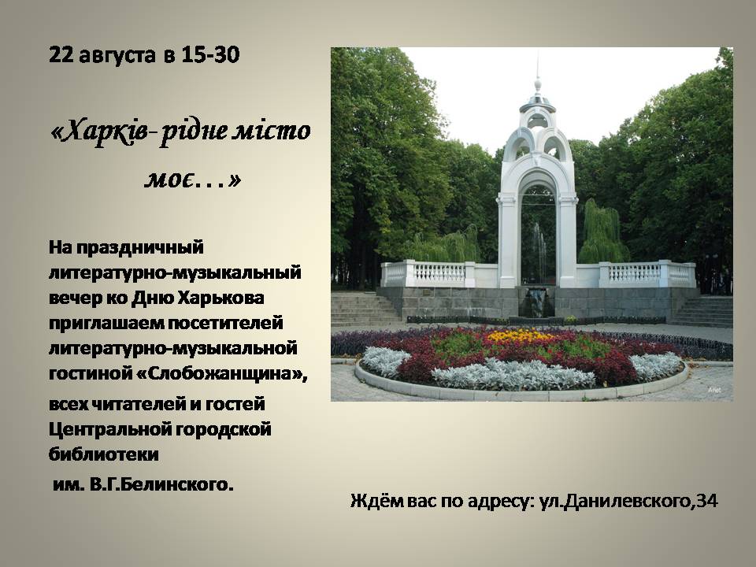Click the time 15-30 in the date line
pos(210,55)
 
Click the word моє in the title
pos(170,180)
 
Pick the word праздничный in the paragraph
pos(140,248)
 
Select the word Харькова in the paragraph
pos(220,298)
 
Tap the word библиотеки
pos(104,454)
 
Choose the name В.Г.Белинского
pos(161,484)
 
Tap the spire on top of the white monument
pos(538,72)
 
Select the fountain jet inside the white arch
pos(539,250)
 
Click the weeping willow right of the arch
pos(603,233)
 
